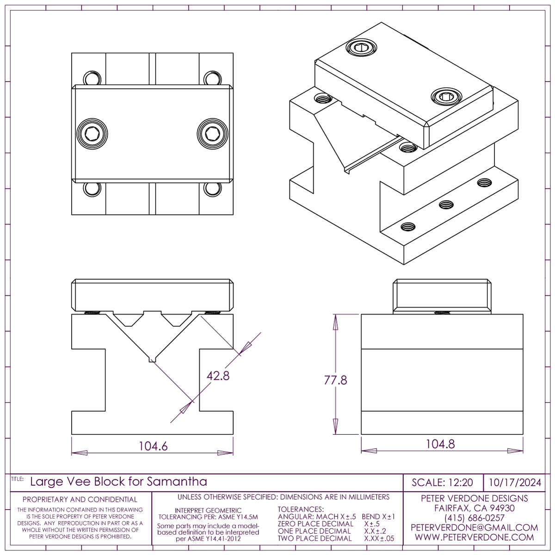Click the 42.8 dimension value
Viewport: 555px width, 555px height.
pyautogui.click(x=218, y=376)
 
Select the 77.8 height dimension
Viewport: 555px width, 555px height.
pyautogui.click(x=335, y=380)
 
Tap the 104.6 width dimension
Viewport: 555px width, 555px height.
pyautogui.click(x=153, y=446)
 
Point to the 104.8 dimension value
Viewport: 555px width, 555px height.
pyautogui.click(x=440, y=444)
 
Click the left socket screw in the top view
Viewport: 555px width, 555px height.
pyautogui.click(x=92, y=134)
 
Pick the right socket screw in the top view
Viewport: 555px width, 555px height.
pyautogui.click(x=213, y=134)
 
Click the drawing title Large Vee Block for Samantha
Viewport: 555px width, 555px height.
pyautogui.click(x=118, y=481)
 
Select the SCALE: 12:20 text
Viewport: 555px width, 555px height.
pyautogui.click(x=442, y=482)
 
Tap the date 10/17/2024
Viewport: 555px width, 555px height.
pyautogui.click(x=515, y=482)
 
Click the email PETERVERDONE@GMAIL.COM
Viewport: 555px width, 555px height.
pyautogui.click(x=474, y=528)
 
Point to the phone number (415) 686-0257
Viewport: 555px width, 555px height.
pyautogui.click(x=474, y=518)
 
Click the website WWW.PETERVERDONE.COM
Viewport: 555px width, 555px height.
pyautogui.click(x=474, y=537)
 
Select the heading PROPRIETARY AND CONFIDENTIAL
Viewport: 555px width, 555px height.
pyautogui.click(x=80, y=499)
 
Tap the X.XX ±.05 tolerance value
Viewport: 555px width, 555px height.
pyautogui.click(x=379, y=538)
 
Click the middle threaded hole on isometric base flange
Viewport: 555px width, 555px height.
pyautogui.click(x=446, y=204)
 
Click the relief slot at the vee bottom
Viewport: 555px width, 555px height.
pyautogui.click(x=151, y=359)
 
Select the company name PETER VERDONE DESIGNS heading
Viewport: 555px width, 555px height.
pyautogui.click(x=474, y=499)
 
